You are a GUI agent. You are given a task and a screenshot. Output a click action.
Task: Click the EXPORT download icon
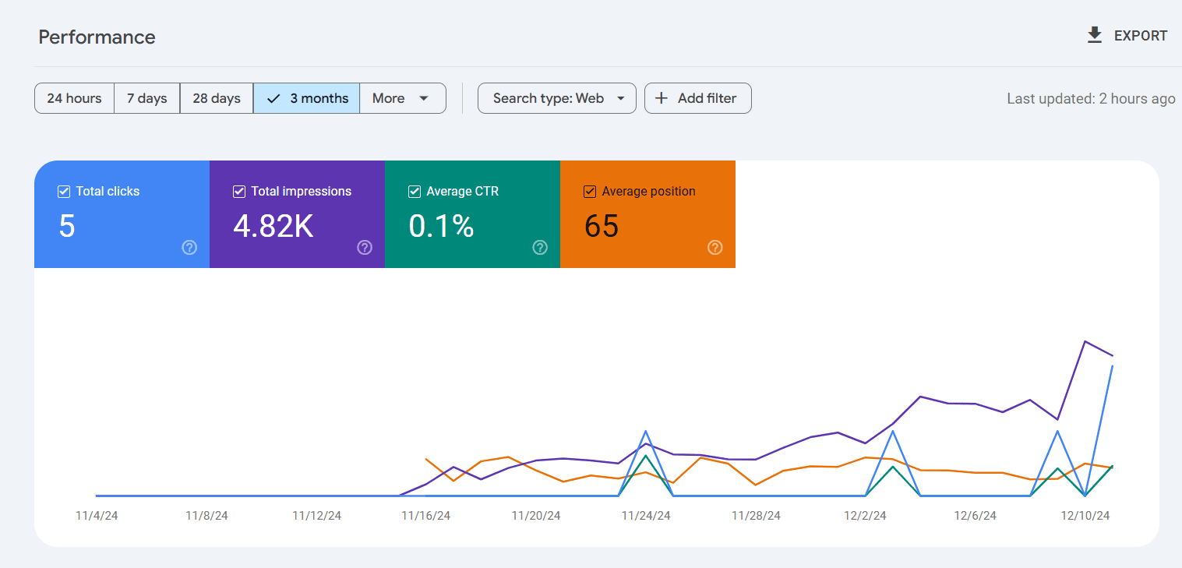click(1095, 35)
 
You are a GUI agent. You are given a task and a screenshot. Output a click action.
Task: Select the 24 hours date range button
click(74, 98)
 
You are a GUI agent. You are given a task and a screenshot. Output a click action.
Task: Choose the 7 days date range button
click(147, 98)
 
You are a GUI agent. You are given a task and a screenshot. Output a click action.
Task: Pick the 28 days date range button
click(217, 98)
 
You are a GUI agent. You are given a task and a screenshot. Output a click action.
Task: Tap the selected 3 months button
click(307, 98)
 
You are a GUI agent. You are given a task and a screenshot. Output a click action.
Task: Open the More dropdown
click(402, 98)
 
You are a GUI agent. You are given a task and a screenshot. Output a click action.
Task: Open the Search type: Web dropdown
click(557, 98)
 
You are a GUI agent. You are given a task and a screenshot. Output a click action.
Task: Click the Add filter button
click(697, 98)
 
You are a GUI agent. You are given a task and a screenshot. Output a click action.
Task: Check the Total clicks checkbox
click(64, 192)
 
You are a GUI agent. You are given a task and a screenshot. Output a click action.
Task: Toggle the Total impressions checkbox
click(239, 192)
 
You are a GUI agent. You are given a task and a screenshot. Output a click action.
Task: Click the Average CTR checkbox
click(415, 192)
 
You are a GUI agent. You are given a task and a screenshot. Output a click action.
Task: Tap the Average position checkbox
click(590, 192)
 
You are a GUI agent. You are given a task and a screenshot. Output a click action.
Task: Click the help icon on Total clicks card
click(189, 248)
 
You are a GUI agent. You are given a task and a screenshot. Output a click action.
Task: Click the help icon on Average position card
click(715, 248)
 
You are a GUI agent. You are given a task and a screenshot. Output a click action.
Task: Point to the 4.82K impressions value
click(273, 226)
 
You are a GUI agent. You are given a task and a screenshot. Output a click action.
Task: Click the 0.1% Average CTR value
click(441, 226)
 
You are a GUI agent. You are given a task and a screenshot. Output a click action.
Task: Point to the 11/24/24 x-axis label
click(646, 516)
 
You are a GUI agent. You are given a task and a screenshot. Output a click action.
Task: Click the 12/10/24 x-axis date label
click(1085, 516)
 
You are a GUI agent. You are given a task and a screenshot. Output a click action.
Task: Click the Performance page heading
click(97, 37)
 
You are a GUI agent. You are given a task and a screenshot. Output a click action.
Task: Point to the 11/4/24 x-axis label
click(97, 516)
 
